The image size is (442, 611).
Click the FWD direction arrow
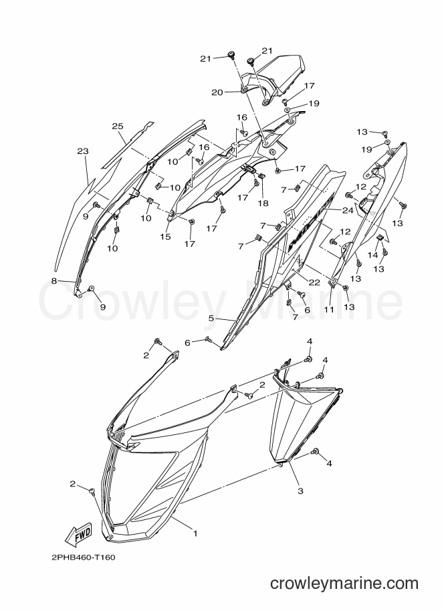coord(78,533)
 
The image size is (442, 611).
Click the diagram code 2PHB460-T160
coord(84,557)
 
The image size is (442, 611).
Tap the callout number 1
coord(195,533)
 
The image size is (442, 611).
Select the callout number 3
coord(300,491)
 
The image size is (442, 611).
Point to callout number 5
coord(211,319)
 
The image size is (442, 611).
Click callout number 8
coord(54,280)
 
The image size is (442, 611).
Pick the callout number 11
coord(329,309)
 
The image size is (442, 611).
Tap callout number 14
coord(373,255)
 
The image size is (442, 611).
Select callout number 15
coord(166,236)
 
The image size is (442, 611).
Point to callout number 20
coord(217,92)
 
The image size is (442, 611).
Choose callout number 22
coord(314,282)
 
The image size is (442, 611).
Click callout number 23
coord(83,151)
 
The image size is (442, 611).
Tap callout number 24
coord(348,210)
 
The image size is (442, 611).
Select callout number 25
coord(118,126)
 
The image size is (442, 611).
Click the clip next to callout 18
coord(261,176)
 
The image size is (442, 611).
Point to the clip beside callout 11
coord(332,284)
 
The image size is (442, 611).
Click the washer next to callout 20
coord(243,91)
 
